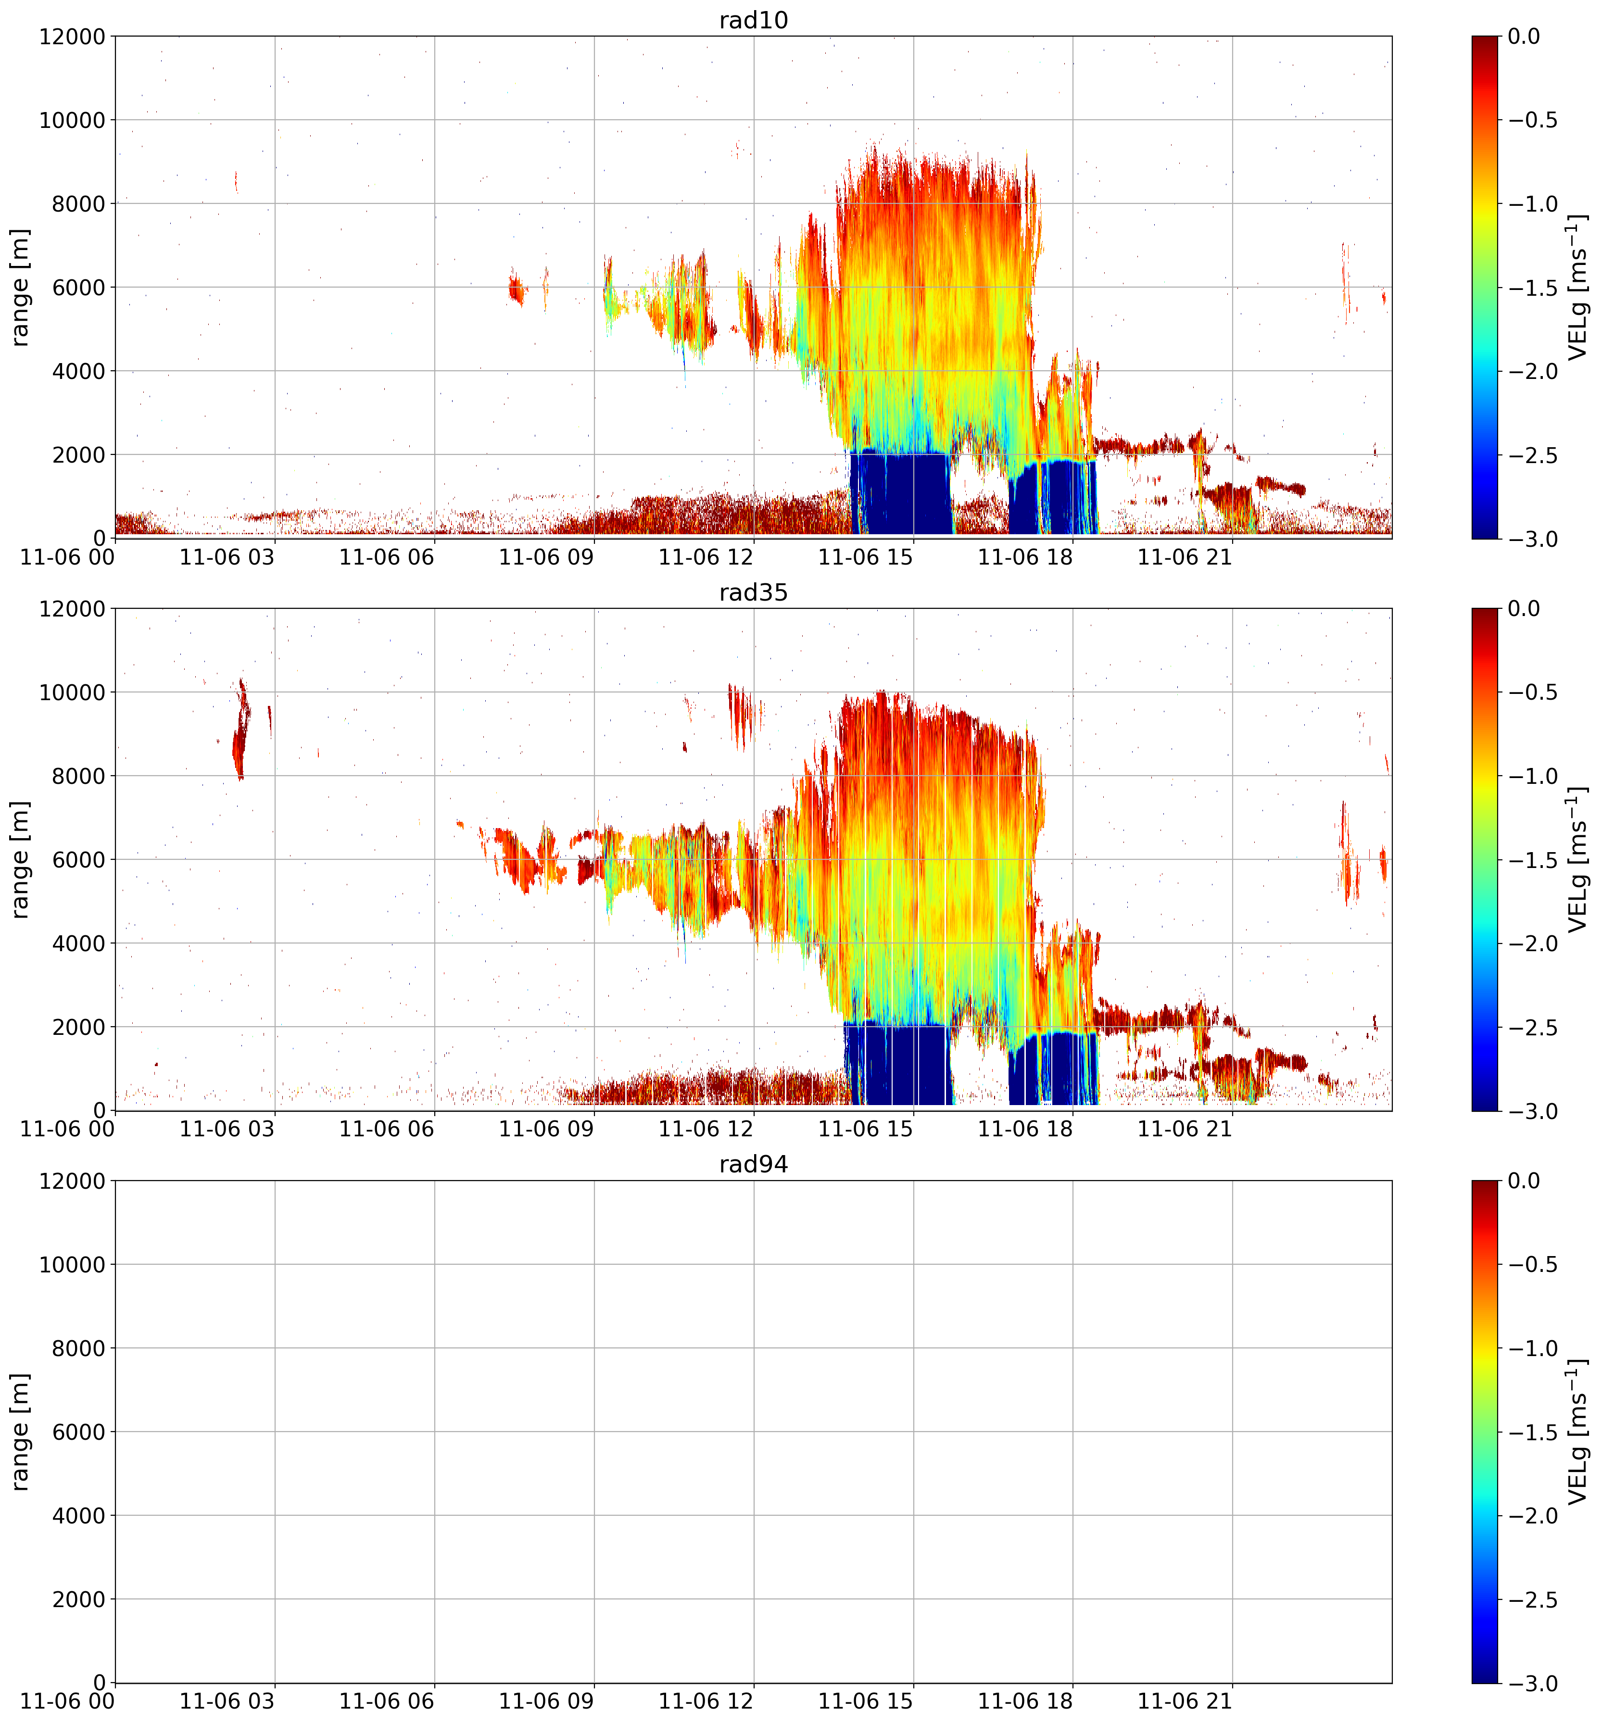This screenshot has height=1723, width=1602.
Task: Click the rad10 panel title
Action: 753,20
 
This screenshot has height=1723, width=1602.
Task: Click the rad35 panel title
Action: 753,593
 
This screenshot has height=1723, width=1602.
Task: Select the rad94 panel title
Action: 753,1165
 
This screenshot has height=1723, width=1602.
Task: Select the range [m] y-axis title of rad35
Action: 21,860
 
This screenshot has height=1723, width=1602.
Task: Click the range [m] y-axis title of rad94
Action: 21,1432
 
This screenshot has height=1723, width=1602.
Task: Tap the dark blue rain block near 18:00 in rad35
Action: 1052,1068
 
